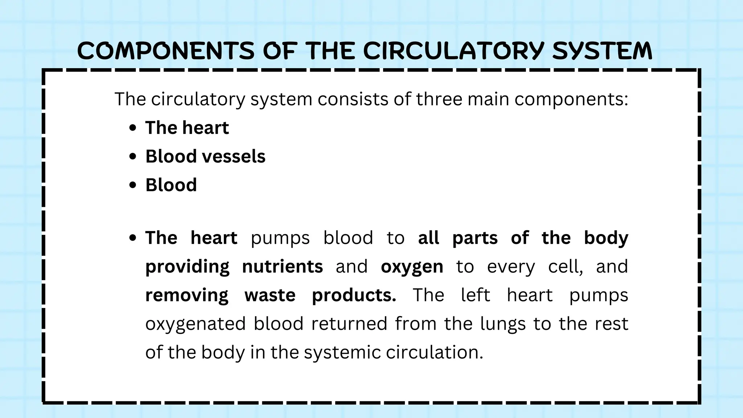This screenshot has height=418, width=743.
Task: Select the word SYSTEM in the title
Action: [x=602, y=50]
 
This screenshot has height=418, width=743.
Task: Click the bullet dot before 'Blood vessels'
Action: [x=133, y=156]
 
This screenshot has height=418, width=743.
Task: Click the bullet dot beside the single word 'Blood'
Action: [x=133, y=185]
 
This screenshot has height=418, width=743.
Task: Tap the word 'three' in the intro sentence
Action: [x=439, y=99]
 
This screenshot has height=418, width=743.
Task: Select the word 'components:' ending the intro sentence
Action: [x=571, y=99]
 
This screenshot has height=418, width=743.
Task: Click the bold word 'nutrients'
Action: [x=282, y=267]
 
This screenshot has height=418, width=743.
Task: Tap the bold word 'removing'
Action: [x=187, y=295]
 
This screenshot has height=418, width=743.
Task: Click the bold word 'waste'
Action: [x=270, y=295]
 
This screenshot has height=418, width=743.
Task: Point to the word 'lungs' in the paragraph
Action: [x=503, y=324]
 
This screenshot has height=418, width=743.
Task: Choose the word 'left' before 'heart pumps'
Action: [x=475, y=295]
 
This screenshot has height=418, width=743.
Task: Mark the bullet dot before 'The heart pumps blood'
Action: [x=133, y=238]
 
